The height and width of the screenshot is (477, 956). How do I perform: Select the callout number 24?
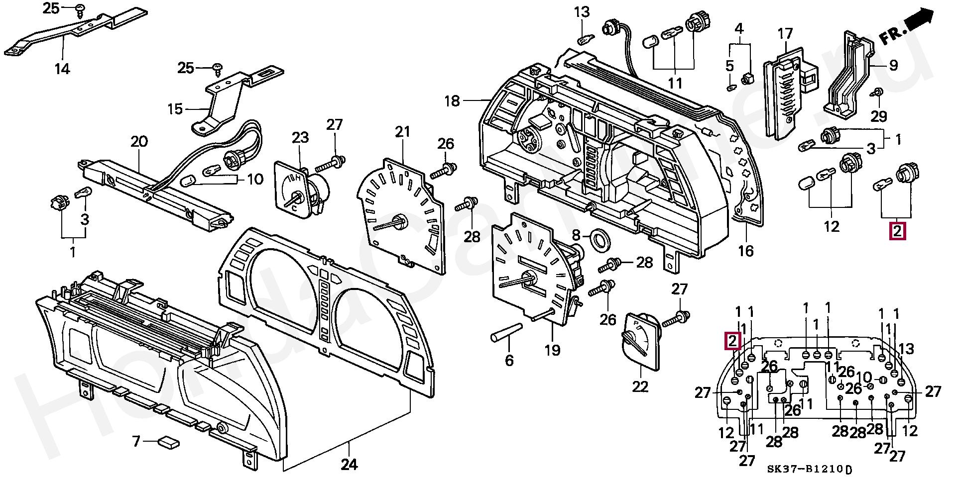(349, 465)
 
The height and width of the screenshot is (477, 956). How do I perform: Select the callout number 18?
(452, 101)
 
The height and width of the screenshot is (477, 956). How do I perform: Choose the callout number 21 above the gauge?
(402, 132)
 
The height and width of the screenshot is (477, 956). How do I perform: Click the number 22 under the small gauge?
(640, 386)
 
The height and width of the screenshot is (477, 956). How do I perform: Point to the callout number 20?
(139, 142)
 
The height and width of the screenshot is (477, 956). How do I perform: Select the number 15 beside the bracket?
(175, 108)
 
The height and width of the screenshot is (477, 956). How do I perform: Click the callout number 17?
(785, 34)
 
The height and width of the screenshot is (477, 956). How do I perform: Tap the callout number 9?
(894, 65)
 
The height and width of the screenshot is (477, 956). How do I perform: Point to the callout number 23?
(300, 137)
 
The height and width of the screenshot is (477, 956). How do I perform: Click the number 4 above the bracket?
(739, 28)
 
